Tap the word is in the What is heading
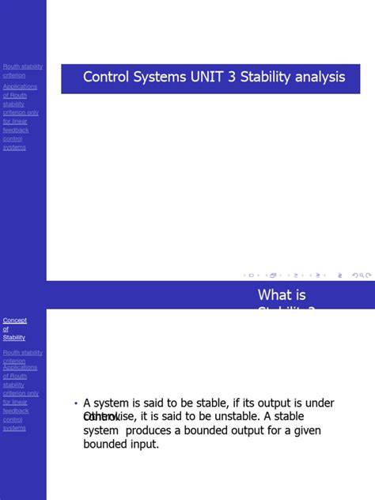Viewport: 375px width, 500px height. click(301, 295)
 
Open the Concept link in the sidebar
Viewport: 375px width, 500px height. click(15, 320)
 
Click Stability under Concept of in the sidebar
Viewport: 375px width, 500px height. click(14, 338)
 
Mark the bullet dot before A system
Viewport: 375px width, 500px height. click(76, 403)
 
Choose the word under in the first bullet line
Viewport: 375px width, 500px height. click(319, 403)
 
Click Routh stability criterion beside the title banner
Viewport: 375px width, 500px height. click(23, 71)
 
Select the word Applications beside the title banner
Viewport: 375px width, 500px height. click(20, 86)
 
